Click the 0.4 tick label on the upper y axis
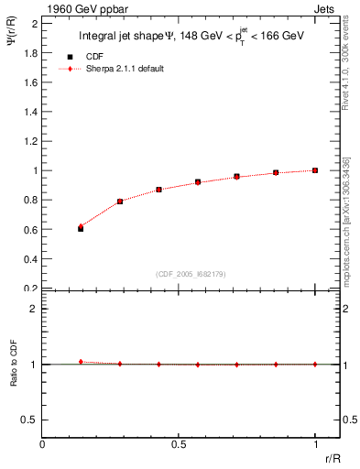pos(32,258)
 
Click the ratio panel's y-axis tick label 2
pos(34,309)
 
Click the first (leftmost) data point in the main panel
pos(81,228)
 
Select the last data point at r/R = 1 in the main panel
pos(315,170)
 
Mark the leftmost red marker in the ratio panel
pos(81,362)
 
